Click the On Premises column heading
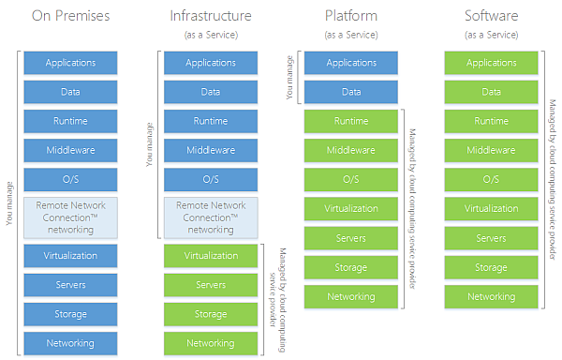click(70, 16)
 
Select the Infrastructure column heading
click(211, 16)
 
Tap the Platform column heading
click(351, 16)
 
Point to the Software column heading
click(492, 16)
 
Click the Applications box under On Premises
click(70, 63)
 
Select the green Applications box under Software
click(492, 63)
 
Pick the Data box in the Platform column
click(351, 92)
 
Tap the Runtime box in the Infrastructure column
click(211, 121)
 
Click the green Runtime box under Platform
click(351, 121)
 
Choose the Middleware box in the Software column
click(492, 150)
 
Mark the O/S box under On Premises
click(70, 179)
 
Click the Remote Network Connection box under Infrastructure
click(211, 217)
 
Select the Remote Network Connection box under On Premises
click(70, 217)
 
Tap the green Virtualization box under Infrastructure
click(211, 255)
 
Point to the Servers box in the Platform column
click(351, 238)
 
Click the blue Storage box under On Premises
click(70, 314)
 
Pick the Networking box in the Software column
click(492, 296)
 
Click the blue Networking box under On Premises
click(70, 343)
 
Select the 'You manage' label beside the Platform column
click(288, 77)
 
